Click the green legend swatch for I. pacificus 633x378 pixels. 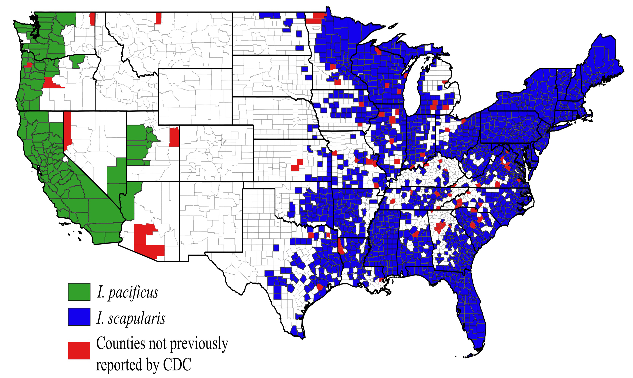click(79, 292)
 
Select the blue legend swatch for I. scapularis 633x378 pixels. click(79, 317)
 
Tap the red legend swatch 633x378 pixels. click(79, 350)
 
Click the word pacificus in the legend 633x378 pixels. click(133, 293)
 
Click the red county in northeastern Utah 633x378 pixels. click(174, 137)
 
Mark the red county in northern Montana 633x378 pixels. click(158, 18)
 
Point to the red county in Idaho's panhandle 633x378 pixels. click(92, 19)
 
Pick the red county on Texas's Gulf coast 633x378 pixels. click(320, 287)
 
